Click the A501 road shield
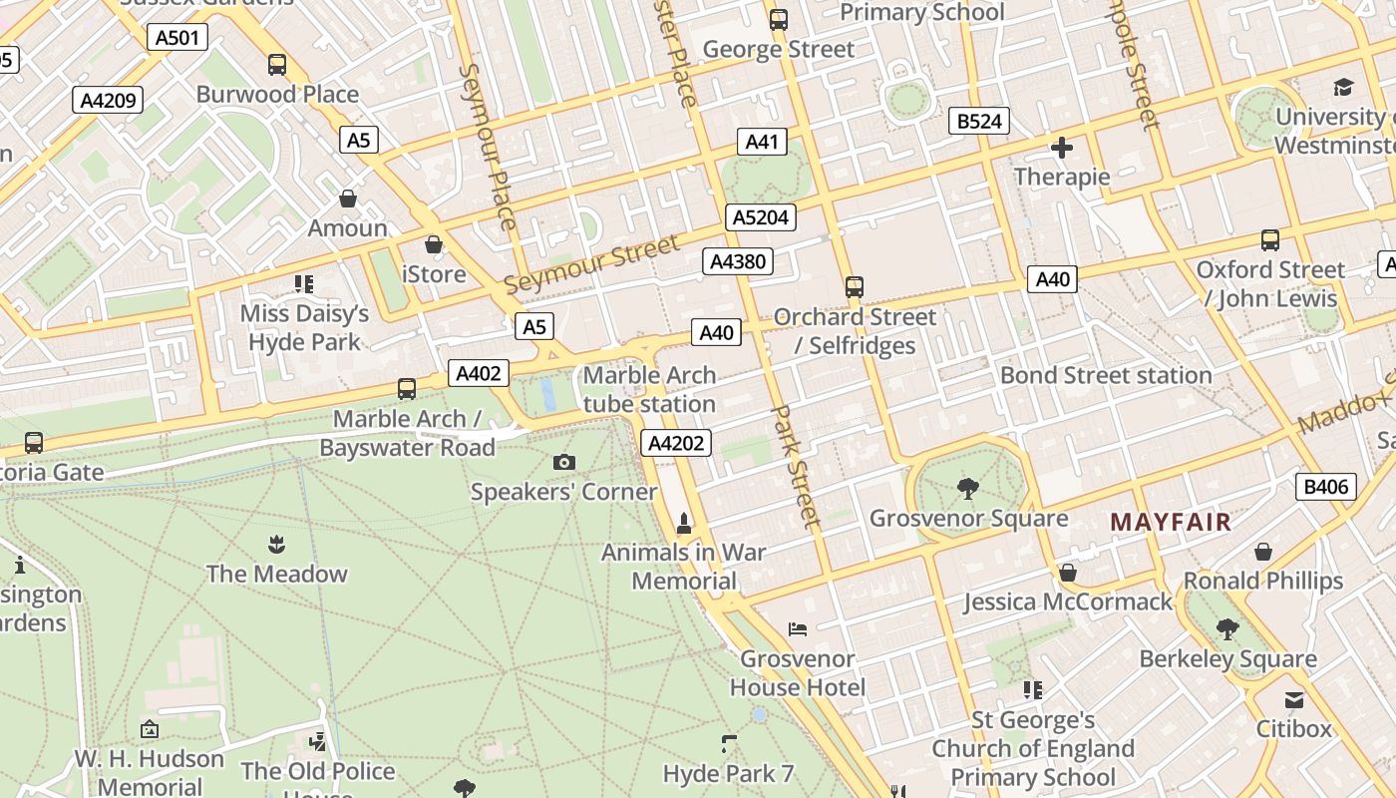[178, 38]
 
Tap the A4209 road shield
[109, 100]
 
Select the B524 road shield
[978, 122]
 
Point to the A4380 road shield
[738, 262]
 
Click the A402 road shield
[478, 373]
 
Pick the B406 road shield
[1326, 487]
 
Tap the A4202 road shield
[676, 443]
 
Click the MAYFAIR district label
[1171, 522]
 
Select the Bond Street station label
[1106, 375]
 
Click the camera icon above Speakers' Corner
[563, 462]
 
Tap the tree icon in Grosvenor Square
[967, 488]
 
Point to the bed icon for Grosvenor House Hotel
[798, 628]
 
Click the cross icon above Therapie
[1062, 149]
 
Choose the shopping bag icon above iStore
[433, 244]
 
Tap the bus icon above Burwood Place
[277, 65]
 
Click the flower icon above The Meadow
[276, 544]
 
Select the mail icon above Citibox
[1293, 699]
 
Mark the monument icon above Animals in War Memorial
[684, 523]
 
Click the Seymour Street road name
[591, 264]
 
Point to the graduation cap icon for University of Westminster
[1343, 87]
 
